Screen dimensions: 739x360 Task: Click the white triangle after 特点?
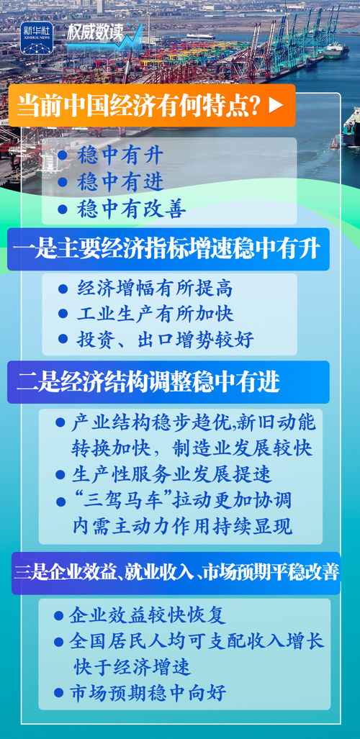275,105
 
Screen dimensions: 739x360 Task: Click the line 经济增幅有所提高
155,289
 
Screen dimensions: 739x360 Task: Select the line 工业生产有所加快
155,314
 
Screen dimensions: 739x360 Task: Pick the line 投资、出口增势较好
165,339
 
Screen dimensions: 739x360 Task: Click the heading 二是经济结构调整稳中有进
148,382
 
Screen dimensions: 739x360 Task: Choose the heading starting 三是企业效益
176,573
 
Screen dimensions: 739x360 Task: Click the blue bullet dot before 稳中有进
63,182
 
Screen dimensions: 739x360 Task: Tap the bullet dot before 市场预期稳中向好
59,694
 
